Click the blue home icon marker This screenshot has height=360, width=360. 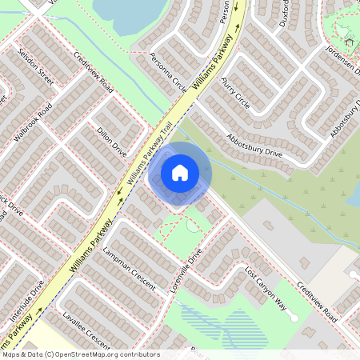tap(180, 173)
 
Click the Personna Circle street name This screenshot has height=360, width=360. tap(167, 73)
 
